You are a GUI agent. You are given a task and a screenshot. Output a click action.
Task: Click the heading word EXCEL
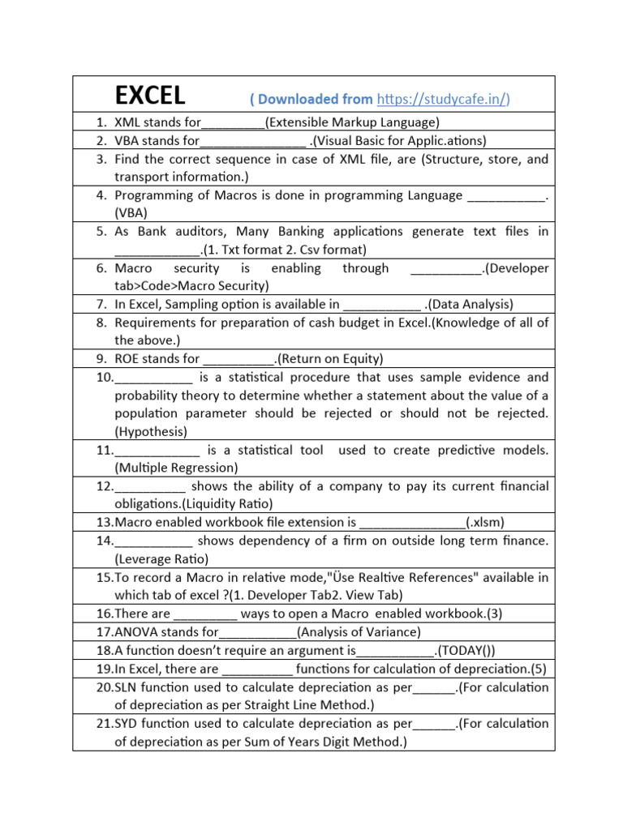pyautogui.click(x=150, y=96)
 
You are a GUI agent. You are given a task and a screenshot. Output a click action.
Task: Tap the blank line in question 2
pyautogui.click(x=252, y=140)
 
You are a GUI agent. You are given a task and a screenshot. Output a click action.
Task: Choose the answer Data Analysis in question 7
pyautogui.click(x=470, y=305)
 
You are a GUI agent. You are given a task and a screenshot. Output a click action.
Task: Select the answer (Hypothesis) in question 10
pyautogui.click(x=151, y=431)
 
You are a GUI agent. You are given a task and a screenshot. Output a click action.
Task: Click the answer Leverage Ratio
pyautogui.click(x=161, y=559)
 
